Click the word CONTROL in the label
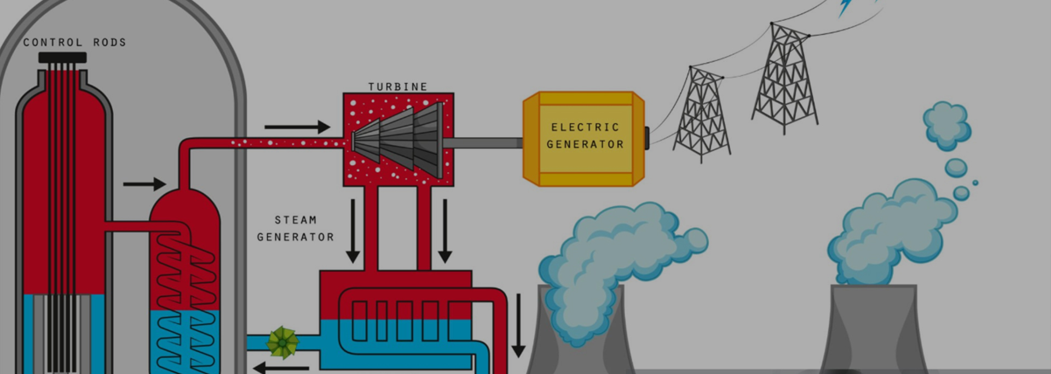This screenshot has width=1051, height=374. (53, 42)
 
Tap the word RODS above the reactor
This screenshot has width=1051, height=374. (109, 42)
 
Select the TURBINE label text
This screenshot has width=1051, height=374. (398, 86)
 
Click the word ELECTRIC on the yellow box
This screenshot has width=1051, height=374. (585, 127)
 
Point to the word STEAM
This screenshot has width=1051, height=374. (296, 220)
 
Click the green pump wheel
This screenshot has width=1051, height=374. (282, 342)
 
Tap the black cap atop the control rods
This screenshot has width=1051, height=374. (62, 57)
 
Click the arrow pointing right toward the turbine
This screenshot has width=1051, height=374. (297, 127)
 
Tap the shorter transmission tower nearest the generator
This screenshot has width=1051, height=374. (702, 115)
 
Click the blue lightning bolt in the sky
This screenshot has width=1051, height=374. (846, 7)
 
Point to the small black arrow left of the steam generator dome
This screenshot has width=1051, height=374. (144, 184)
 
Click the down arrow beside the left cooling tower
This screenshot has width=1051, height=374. (518, 325)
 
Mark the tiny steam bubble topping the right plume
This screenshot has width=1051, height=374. (975, 183)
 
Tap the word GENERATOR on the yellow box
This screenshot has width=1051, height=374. (585, 144)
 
